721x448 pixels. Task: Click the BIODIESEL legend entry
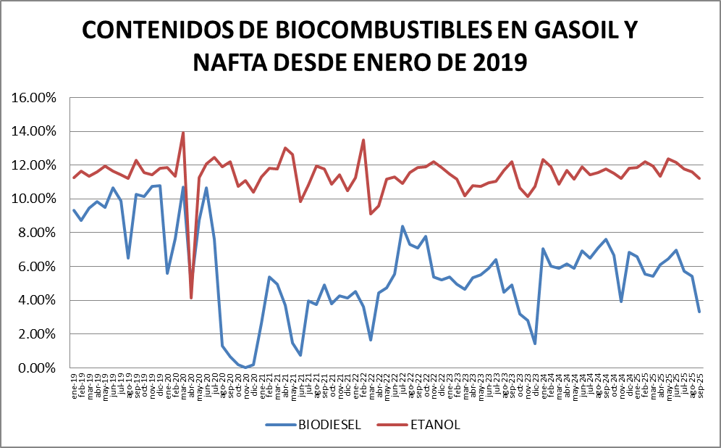(x=330, y=424)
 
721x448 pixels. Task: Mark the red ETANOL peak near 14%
(x=183, y=133)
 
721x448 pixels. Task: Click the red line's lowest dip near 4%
(x=191, y=298)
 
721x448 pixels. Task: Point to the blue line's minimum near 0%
(x=245, y=368)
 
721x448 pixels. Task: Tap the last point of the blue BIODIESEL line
(x=699, y=312)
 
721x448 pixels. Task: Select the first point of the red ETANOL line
(x=74, y=178)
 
